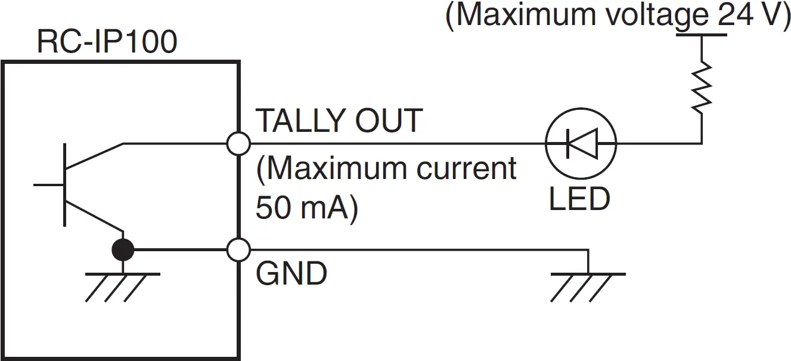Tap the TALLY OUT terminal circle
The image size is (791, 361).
click(x=239, y=143)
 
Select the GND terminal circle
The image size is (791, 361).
click(x=239, y=250)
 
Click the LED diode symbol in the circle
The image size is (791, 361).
click(x=581, y=143)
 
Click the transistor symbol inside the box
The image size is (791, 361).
click(x=83, y=185)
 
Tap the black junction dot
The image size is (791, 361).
click(x=123, y=251)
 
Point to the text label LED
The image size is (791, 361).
click(x=579, y=199)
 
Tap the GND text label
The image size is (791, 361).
click(x=291, y=274)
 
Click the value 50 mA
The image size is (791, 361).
click(x=304, y=208)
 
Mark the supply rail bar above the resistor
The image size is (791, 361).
click(x=702, y=35)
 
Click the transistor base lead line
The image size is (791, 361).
click(x=49, y=185)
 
